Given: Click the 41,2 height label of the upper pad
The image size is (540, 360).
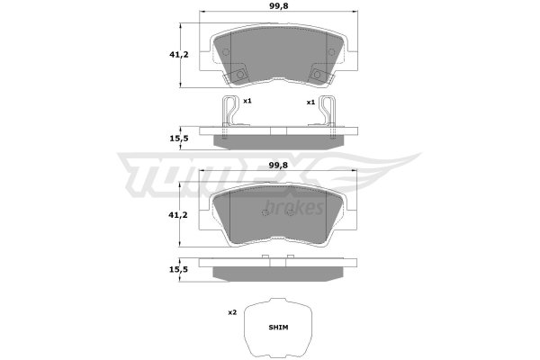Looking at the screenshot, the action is [179, 54].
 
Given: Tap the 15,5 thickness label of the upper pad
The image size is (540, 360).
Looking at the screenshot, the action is [179, 139].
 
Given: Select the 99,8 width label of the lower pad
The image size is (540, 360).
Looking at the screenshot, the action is [278, 166].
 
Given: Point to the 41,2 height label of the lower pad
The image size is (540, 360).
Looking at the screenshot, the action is [178, 215].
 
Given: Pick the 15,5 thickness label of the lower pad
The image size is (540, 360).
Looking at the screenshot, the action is [178, 269].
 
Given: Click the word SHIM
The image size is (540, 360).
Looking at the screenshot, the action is [278, 328].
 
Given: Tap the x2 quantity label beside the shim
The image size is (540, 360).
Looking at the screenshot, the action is [232, 313].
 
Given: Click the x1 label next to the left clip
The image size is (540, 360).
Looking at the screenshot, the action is [247, 102].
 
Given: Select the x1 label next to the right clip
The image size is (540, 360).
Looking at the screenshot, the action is [311, 103].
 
